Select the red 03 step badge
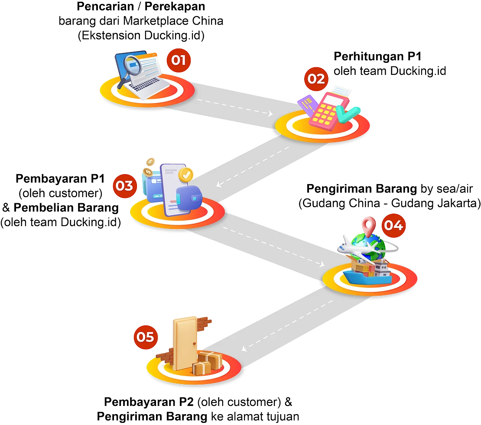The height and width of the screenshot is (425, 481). click(x=125, y=186)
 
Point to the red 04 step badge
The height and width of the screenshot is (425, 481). click(x=393, y=225)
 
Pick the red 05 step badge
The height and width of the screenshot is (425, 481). click(x=146, y=337)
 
